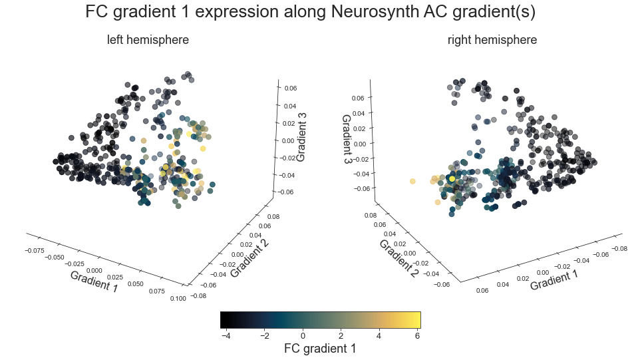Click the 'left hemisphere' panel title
(148, 40)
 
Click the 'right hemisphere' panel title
(492, 40)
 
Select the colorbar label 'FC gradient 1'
(320, 348)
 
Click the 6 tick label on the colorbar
(416, 336)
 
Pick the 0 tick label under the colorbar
(303, 336)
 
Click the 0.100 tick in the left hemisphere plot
(178, 299)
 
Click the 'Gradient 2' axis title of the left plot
(249, 258)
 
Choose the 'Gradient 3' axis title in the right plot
(347, 140)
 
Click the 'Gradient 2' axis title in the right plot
(397, 258)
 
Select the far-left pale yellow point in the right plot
(412, 181)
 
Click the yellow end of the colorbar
(416, 320)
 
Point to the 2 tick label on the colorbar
(341, 336)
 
